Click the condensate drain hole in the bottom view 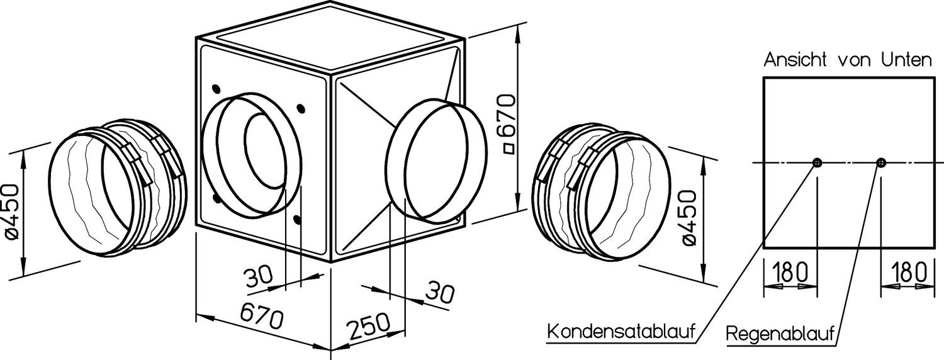click(817, 163)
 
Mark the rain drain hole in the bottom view click(881, 163)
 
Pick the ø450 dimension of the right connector click(690, 218)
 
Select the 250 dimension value click(368, 325)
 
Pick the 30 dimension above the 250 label click(440, 293)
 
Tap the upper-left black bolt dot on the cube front click(216, 89)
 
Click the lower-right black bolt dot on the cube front click(298, 219)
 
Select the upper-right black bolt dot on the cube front click(301, 108)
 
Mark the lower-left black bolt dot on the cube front click(216, 198)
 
